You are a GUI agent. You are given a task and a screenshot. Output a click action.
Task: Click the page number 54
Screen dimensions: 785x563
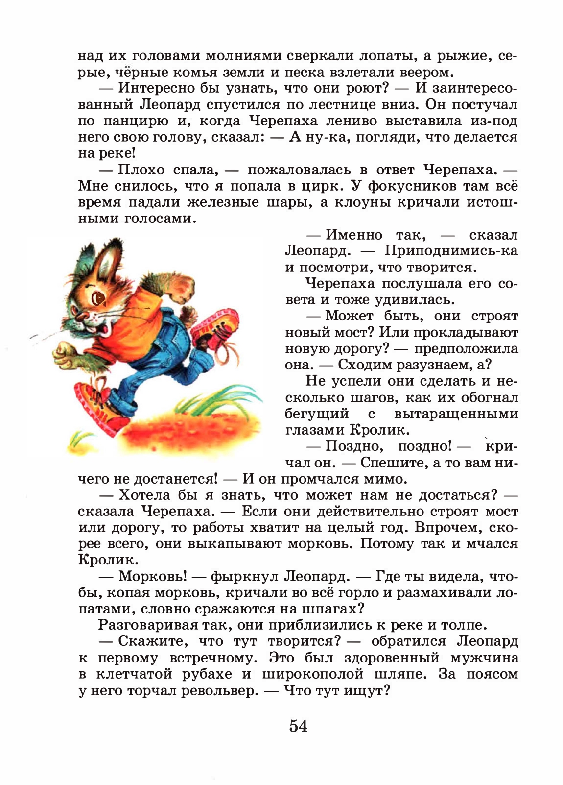(298, 725)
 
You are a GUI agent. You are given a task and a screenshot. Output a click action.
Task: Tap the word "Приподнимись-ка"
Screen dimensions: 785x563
(451, 251)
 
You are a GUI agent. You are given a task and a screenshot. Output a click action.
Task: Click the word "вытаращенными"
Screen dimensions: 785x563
(456, 414)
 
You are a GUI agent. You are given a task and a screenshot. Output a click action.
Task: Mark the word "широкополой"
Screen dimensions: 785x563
(313, 674)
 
